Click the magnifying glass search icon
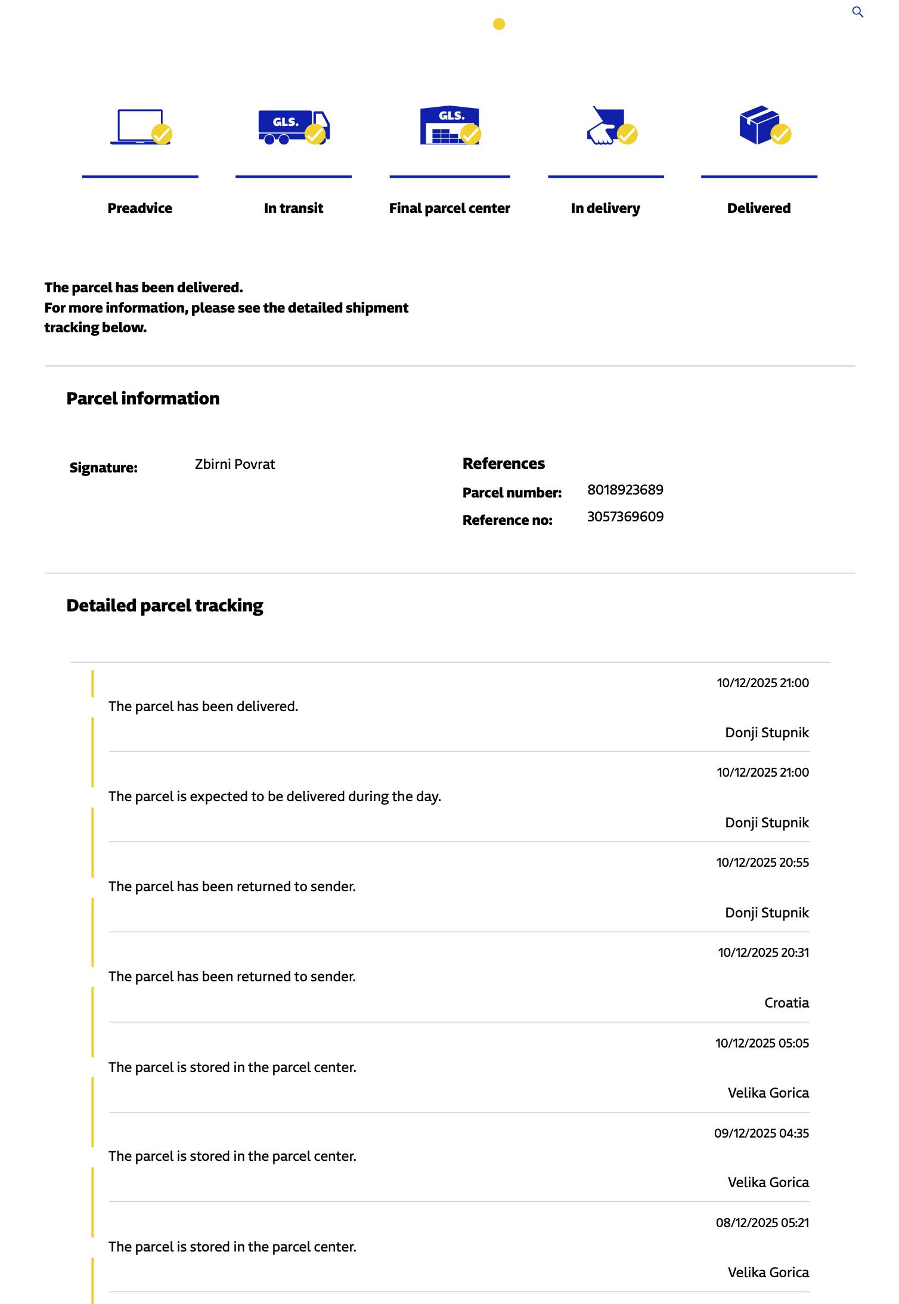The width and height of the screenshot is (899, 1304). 857,12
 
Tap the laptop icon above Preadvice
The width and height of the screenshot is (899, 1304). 141,126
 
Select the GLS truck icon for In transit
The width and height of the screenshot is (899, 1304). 293,127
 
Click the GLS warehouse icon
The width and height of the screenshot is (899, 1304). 449,126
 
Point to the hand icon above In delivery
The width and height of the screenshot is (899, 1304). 606,126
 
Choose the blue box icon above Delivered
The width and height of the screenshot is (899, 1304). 759,125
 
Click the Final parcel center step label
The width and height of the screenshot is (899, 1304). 449,208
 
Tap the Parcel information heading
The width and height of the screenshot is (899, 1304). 143,398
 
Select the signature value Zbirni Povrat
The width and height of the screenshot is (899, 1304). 235,464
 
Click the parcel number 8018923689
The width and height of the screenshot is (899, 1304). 625,490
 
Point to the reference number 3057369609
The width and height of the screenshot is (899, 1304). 625,517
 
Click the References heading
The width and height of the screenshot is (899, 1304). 504,463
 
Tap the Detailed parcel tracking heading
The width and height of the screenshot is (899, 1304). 165,605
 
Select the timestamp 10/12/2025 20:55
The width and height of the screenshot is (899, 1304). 762,862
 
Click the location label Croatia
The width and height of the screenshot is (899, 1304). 786,1003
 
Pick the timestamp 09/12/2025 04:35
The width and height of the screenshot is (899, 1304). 761,1133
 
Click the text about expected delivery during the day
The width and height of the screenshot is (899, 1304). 275,796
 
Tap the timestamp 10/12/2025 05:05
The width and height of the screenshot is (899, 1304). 762,1043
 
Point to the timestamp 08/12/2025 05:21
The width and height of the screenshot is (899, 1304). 762,1222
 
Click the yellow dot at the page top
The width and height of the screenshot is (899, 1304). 499,24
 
